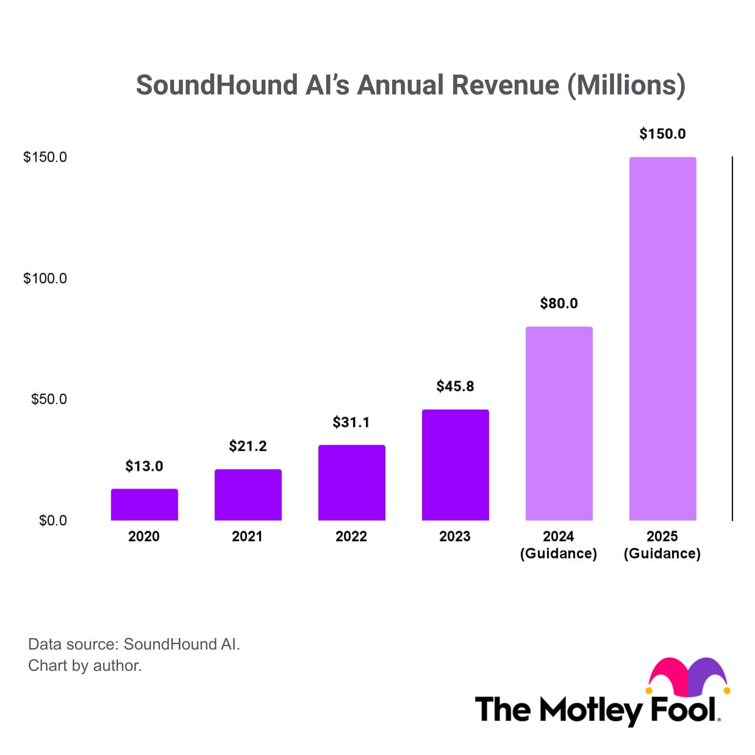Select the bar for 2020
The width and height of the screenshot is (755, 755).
pos(144,504)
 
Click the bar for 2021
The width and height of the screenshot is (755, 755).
pos(248,495)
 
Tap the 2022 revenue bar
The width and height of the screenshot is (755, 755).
pos(352,483)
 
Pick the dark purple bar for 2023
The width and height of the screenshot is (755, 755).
pos(455,465)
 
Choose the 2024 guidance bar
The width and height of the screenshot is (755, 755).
pos(559,424)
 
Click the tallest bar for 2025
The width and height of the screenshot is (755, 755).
pos(663,339)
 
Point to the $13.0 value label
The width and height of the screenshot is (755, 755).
pos(144,466)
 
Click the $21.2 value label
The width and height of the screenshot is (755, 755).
pos(248,446)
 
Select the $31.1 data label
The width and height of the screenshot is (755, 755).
pos(351,422)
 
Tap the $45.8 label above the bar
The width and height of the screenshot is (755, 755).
pos(455,386)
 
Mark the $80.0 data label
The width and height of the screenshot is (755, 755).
pos(559,304)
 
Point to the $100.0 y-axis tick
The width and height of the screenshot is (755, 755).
pos(45,278)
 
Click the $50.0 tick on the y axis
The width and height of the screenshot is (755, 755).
pos(49,400)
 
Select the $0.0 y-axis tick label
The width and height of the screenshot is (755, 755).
pos(53,521)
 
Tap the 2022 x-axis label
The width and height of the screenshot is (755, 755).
pos(351,536)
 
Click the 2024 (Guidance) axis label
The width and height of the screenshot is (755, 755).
pos(558,545)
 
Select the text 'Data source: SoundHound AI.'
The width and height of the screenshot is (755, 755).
pos(134,644)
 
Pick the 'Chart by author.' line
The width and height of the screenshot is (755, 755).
pos(85,666)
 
